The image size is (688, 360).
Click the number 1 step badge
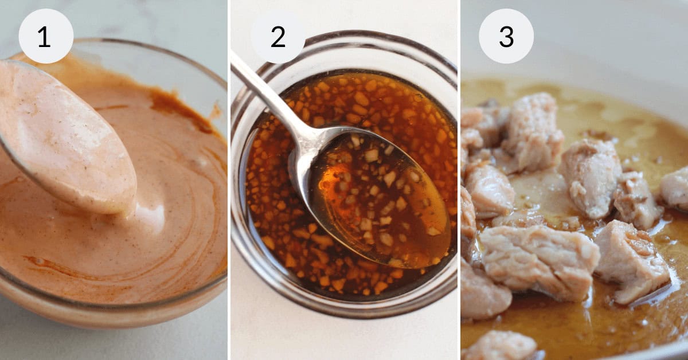pyautogui.click(x=46, y=36)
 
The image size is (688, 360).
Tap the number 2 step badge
pyautogui.click(x=277, y=36)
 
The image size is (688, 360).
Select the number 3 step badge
pyautogui.click(x=506, y=36)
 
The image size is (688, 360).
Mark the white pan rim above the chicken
pyautogui.click(x=573, y=52)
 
